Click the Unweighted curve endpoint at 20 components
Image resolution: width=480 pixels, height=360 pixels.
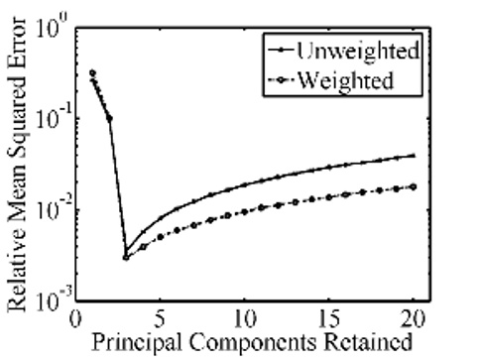[414, 155]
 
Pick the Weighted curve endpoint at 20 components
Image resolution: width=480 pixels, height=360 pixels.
[414, 186]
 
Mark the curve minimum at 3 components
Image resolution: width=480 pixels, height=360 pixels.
[126, 257]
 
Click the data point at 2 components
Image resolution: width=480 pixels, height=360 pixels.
[109, 119]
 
